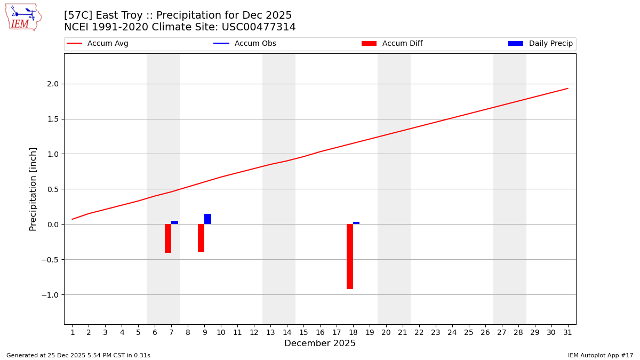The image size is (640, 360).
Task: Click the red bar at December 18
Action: [x=350, y=257]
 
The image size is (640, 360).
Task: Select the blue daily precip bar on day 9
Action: [x=207, y=219]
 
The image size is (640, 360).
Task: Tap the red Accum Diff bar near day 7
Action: [x=168, y=238]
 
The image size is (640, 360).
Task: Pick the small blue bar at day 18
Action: [x=356, y=223]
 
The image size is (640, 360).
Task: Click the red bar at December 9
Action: [x=201, y=238]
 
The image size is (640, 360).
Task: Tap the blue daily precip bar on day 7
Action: [x=174, y=222]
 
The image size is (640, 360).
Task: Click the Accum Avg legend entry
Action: [x=98, y=44]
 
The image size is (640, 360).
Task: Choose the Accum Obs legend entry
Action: [x=245, y=44]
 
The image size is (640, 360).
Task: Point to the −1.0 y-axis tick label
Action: [x=51, y=295]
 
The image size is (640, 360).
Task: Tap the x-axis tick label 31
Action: [x=567, y=333]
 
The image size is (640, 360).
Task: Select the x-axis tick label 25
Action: [x=469, y=333]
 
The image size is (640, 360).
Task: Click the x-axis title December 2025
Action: [x=320, y=344]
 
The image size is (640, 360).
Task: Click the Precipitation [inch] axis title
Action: [x=33, y=189]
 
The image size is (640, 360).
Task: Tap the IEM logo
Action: [x=23, y=17]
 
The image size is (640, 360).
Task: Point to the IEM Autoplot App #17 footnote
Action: [x=601, y=355]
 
